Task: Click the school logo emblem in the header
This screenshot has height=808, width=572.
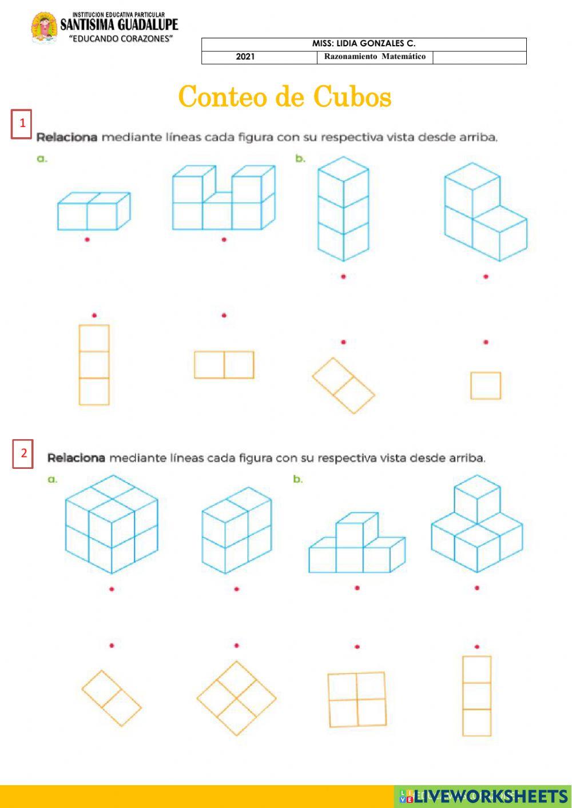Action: point(45,28)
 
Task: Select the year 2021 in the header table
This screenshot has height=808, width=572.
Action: point(245,57)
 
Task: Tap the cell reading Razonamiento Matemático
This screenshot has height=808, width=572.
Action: point(375,57)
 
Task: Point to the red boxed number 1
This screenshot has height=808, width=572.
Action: point(21,124)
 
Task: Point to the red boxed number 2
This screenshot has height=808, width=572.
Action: point(23,453)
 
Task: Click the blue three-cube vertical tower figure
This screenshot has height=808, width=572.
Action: point(343,209)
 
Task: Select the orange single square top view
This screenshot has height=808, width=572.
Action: point(486,385)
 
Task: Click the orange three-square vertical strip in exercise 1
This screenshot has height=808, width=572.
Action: point(94,365)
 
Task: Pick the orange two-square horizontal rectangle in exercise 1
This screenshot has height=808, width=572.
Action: point(224,365)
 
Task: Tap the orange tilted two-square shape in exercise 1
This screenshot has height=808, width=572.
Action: point(343,385)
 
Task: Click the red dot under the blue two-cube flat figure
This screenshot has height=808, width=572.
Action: point(87,240)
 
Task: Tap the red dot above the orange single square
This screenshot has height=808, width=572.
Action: point(486,342)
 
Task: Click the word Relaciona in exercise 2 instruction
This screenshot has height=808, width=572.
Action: point(76,458)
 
